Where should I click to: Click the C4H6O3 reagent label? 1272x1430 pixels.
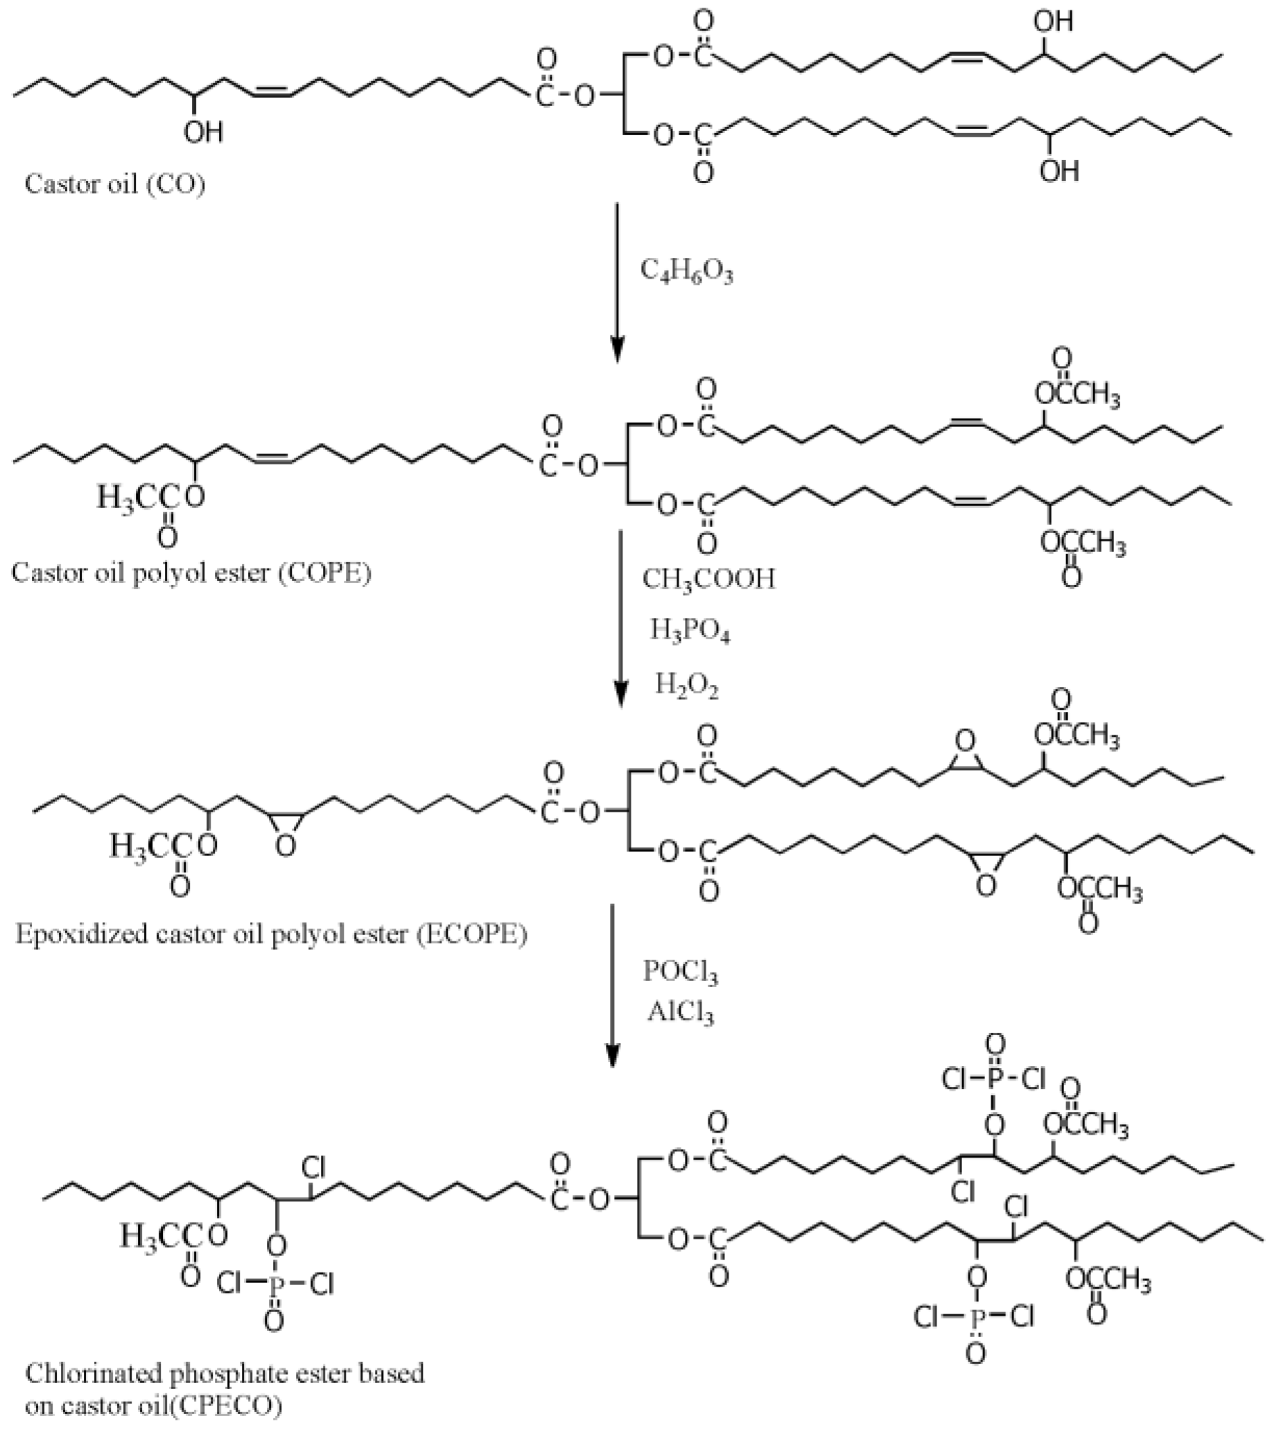click(686, 272)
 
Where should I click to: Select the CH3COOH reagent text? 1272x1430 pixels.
click(708, 579)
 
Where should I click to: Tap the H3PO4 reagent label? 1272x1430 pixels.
click(690, 631)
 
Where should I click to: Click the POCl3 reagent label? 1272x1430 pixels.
click(680, 972)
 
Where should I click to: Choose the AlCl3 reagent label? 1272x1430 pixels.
click(680, 1012)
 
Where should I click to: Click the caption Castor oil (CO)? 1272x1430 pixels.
click(115, 184)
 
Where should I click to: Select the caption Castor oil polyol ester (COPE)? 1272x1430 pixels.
click(191, 573)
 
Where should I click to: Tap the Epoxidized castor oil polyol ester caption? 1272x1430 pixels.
click(271, 934)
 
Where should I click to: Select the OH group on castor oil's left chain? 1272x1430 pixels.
click(203, 132)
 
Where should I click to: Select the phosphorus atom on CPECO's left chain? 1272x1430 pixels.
click(275, 1284)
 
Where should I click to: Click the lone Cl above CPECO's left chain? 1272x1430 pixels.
click(313, 1166)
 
